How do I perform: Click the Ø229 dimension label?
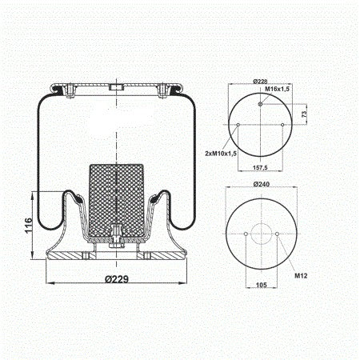pyautogui.click(x=117, y=279)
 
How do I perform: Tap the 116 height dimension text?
pyautogui.click(x=29, y=226)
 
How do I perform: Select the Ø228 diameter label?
pyautogui.click(x=260, y=82)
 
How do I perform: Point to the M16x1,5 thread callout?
pyautogui.click(x=277, y=89)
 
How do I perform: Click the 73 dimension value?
pyautogui.click(x=304, y=114)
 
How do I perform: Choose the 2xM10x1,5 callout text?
pyautogui.click(x=221, y=154)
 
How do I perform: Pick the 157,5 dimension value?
pyautogui.click(x=260, y=167)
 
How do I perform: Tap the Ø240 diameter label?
pyautogui.click(x=262, y=184)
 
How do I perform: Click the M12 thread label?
pyautogui.click(x=301, y=276)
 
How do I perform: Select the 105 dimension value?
pyautogui.click(x=262, y=285)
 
